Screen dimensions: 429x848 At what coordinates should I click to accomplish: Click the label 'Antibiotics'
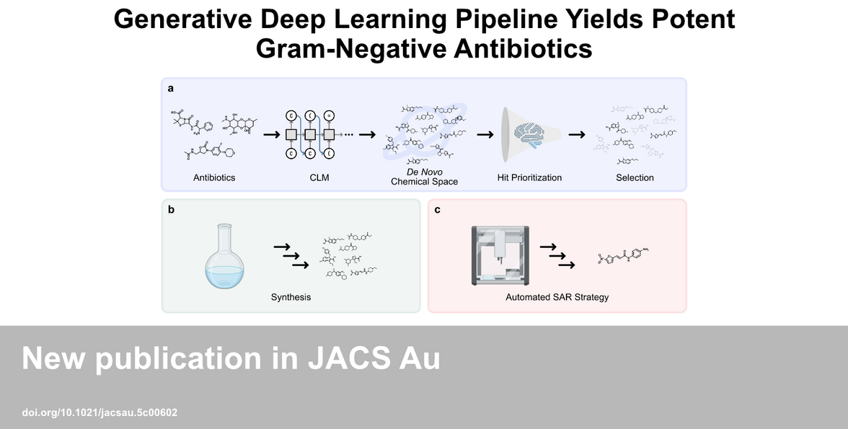214,177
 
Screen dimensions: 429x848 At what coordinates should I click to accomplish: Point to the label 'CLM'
319,177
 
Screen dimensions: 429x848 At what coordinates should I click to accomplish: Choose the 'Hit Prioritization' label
529,177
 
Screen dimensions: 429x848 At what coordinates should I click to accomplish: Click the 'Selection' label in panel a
635,177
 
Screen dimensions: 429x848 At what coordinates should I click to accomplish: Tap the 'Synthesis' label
291,297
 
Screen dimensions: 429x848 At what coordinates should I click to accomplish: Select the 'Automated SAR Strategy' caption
557,297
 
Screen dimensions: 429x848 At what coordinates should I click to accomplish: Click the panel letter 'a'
171,89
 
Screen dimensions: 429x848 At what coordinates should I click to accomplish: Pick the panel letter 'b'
171,210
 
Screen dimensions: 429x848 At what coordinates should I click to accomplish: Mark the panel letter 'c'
438,210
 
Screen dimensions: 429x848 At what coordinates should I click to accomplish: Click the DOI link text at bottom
100,413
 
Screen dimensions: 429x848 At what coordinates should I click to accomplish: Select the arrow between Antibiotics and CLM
272,134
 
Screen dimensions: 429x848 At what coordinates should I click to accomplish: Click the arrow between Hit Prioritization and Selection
576,134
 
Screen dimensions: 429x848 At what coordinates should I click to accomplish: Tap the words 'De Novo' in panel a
424,172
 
